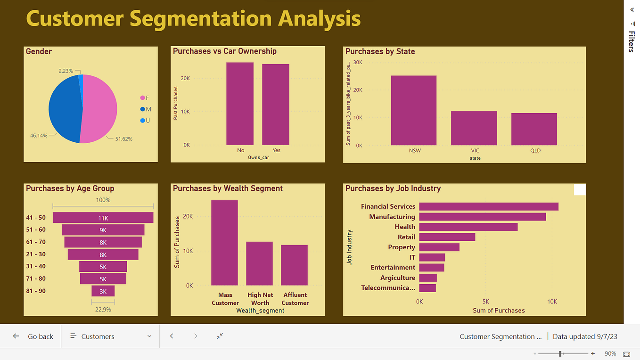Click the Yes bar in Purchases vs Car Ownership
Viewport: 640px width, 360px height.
276,104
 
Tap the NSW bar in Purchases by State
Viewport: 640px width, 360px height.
413,110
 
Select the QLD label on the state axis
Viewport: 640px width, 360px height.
535,151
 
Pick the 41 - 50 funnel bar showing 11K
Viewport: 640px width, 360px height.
103,218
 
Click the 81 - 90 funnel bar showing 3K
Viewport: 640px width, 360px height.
103,291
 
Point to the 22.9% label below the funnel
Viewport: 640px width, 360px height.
103,310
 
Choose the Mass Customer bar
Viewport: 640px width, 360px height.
224,243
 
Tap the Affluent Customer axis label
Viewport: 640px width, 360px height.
295,299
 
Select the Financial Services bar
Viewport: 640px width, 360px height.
488,206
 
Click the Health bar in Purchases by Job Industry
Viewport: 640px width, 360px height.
468,227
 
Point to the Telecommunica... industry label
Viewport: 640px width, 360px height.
388,288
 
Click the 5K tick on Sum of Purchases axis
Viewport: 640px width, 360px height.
485,302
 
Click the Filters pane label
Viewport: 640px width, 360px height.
632,41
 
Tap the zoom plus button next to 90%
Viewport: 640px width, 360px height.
593,353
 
